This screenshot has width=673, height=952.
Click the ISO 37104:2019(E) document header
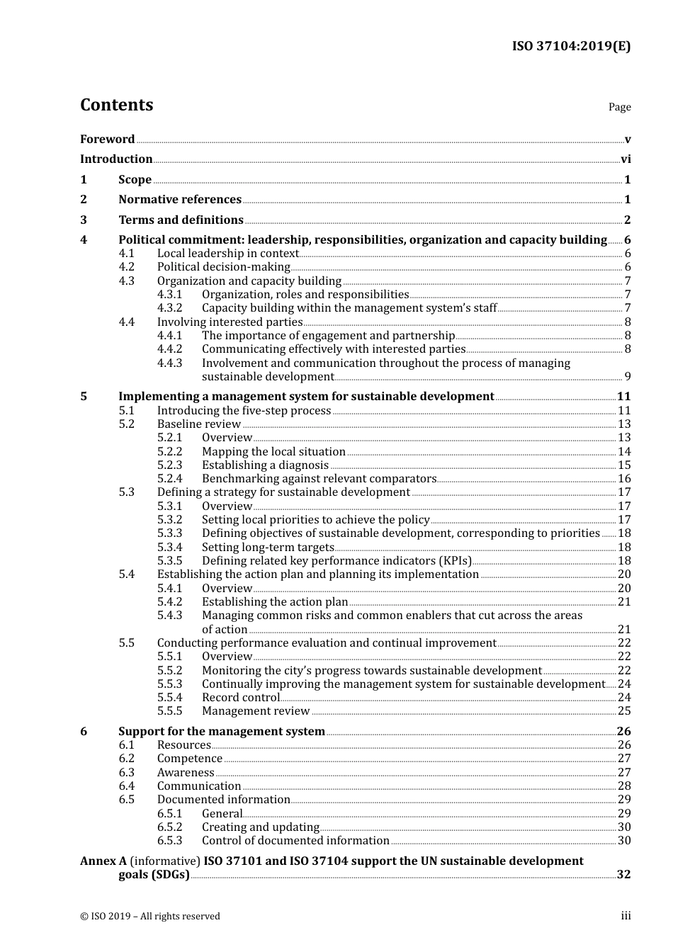click(571, 46)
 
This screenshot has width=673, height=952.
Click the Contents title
click(116, 105)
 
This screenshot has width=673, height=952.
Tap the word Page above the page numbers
click(619, 107)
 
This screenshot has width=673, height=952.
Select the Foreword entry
click(107, 139)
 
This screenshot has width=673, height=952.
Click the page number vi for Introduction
click(626, 159)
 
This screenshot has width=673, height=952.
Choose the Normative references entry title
click(180, 200)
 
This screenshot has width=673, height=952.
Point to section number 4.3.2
click(169, 308)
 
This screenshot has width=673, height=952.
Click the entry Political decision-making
click(223, 267)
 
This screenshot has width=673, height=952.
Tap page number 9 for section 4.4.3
click(627, 377)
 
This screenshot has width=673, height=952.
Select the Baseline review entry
click(198, 424)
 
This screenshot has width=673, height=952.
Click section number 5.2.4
click(169, 479)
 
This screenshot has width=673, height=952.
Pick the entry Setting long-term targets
click(267, 548)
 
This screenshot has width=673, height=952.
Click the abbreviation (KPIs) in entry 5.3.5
click(455, 561)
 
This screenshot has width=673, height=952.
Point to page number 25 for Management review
click(624, 711)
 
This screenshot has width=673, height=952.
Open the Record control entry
click(240, 698)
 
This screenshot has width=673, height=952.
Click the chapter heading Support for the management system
click(221, 731)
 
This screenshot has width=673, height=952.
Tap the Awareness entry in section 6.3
click(185, 773)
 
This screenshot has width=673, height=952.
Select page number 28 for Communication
click(624, 786)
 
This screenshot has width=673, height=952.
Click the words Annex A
click(103, 861)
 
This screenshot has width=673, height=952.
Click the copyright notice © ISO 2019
click(149, 916)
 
